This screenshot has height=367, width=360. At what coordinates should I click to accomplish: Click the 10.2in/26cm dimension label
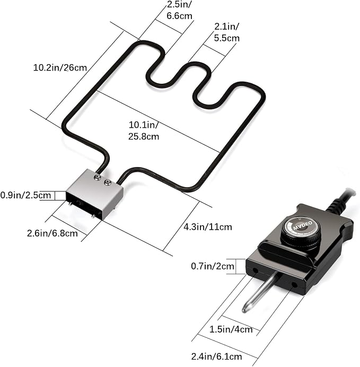click(60, 68)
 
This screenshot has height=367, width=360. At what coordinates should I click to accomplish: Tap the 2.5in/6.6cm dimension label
click(179, 10)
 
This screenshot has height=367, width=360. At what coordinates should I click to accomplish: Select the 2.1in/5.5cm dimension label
click(227, 32)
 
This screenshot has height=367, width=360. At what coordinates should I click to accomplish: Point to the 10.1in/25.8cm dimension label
click(144, 130)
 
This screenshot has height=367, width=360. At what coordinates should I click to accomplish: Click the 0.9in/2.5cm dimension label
click(25, 195)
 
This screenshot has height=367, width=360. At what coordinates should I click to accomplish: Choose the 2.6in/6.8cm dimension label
click(52, 233)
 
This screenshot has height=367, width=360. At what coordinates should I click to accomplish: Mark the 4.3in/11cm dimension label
click(208, 227)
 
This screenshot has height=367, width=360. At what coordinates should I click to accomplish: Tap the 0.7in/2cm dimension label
click(213, 266)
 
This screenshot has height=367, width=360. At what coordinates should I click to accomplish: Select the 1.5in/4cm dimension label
click(231, 329)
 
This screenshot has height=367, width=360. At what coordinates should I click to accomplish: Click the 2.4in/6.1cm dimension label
click(217, 357)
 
